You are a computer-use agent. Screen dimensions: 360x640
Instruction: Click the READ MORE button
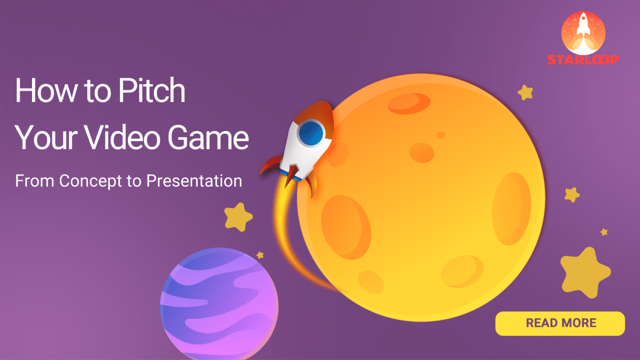(x=560, y=323)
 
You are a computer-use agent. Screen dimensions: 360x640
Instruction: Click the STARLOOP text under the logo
(x=583, y=59)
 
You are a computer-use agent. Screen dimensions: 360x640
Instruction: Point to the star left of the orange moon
(x=238, y=217)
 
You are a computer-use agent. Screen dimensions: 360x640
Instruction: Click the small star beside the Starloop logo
(x=526, y=92)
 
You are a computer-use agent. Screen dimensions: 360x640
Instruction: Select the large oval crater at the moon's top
(x=413, y=103)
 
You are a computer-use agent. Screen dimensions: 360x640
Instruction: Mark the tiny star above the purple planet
(x=260, y=255)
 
